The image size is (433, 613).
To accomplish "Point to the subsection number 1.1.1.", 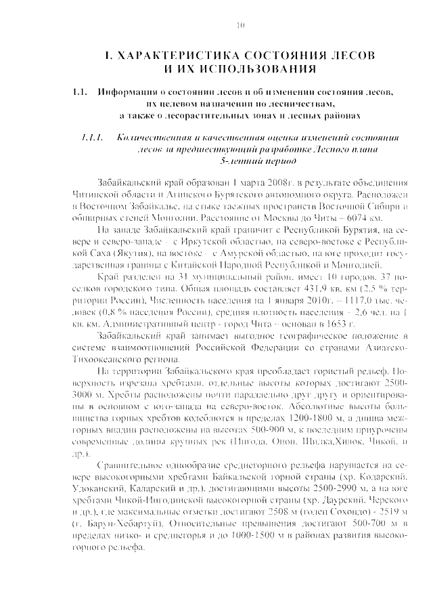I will coord(90,138).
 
